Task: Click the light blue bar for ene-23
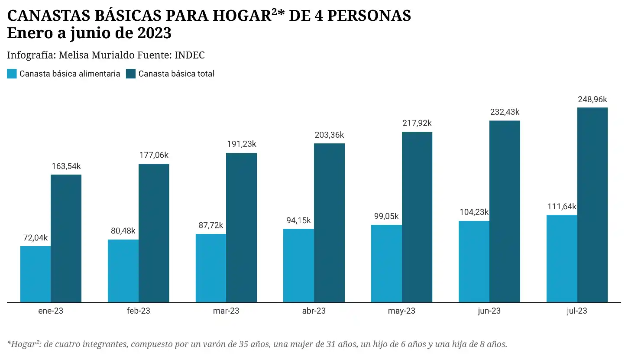click(x=36, y=274)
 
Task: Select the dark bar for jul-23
click(x=592, y=204)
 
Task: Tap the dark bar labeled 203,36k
click(x=329, y=223)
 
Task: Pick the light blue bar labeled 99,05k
click(x=386, y=263)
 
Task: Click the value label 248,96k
click(x=592, y=100)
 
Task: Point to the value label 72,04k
click(x=35, y=238)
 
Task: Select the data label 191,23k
click(x=241, y=144)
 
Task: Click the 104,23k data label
click(x=474, y=212)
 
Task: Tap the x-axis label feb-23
click(x=139, y=311)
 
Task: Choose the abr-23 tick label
click(x=314, y=311)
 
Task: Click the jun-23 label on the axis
click(x=489, y=311)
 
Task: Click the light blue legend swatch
click(x=12, y=74)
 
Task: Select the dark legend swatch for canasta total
click(x=131, y=74)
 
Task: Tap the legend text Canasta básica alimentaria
click(x=70, y=74)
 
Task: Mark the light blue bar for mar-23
click(x=211, y=268)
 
